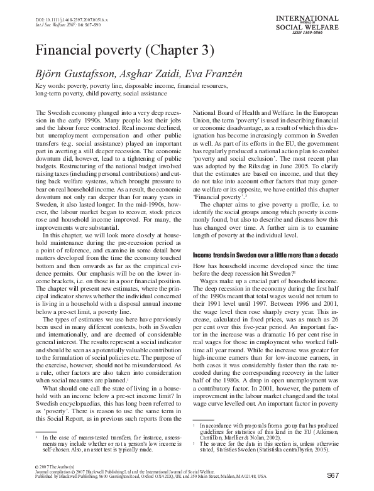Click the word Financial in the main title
click(x=66, y=50)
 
